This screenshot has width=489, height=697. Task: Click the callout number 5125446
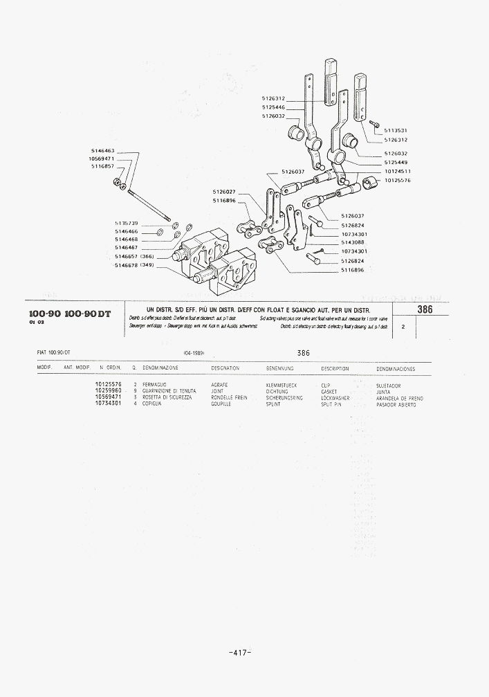coord(274,107)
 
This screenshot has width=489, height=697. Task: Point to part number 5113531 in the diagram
coord(396,130)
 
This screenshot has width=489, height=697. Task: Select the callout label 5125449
coord(396,162)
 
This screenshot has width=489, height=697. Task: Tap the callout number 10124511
coord(398,171)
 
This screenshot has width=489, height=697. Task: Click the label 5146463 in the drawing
coord(102,150)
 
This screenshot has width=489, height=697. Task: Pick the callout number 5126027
coord(224,192)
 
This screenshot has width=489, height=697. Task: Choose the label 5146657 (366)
coord(134,256)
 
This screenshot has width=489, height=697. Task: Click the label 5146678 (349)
coord(134,265)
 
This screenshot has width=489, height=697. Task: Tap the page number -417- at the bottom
coord(239,652)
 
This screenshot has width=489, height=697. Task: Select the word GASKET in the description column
coord(329,392)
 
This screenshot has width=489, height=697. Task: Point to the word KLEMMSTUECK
coord(282,385)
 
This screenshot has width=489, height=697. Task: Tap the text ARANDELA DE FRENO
coord(400,398)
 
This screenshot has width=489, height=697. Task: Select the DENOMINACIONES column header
coord(396,368)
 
